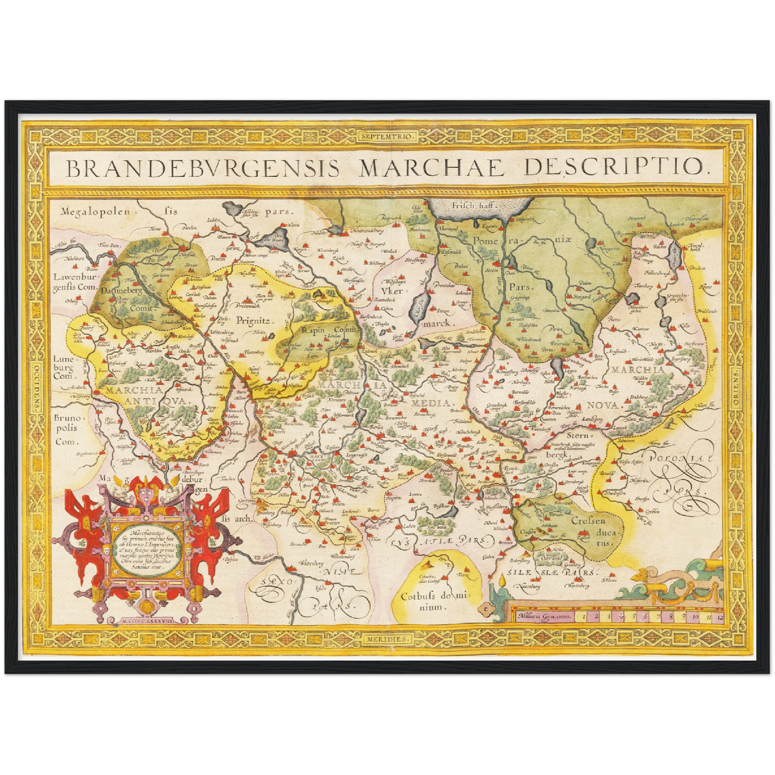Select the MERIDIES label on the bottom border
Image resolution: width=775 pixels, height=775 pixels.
point(387,639)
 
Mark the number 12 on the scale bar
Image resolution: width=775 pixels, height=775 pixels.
point(719,617)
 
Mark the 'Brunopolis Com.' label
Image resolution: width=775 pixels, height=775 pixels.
point(65,429)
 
